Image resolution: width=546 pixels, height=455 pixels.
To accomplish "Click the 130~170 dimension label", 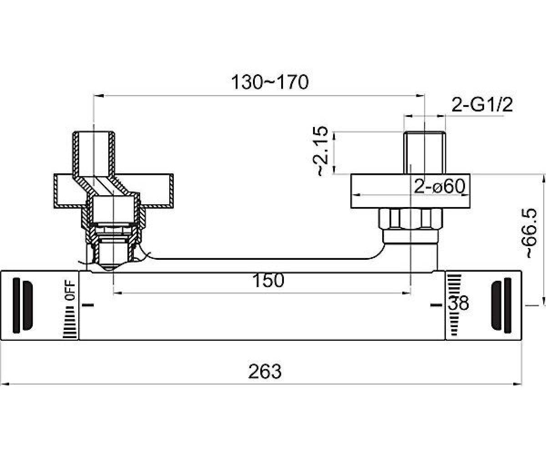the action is click(x=270, y=82).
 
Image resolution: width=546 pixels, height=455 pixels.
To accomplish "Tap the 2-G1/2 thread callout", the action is click(x=482, y=105).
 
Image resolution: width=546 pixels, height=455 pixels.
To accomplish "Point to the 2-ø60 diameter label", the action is click(x=440, y=186).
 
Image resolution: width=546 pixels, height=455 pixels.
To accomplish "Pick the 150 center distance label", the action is click(x=268, y=280).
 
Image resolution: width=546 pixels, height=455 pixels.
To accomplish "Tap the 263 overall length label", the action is click(x=265, y=371).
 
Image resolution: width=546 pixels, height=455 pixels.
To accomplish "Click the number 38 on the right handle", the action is click(x=458, y=303).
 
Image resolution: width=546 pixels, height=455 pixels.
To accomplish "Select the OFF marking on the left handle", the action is click(x=70, y=290).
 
